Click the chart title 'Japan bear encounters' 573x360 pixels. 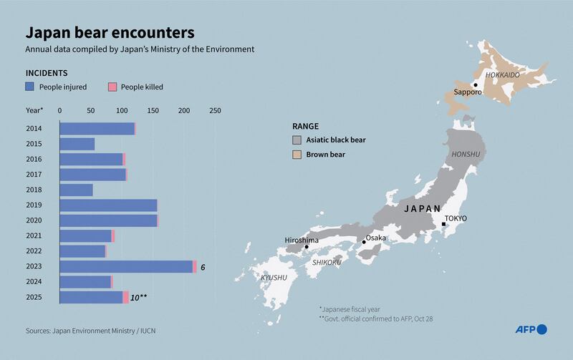pos(109,33)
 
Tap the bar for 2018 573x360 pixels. pos(76,190)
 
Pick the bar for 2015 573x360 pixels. pos(77,144)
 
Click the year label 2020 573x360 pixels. pos(34,220)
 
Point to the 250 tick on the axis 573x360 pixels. pos(215,111)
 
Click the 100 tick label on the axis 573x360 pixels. pos(122,111)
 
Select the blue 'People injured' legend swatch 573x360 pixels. pos(30,87)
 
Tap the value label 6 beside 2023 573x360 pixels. pos(203,267)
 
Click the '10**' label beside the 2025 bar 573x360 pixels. pos(139,297)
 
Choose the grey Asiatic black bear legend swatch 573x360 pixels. pos(297,140)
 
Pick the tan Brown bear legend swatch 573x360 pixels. pos(297,154)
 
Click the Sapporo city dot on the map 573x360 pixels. pos(476,84)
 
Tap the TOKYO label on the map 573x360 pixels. pos(456,218)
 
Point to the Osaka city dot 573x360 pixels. pos(364,242)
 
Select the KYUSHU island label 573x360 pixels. pos(274,277)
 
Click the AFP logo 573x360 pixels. pos(531,329)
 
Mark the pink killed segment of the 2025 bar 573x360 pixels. pos(126,297)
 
